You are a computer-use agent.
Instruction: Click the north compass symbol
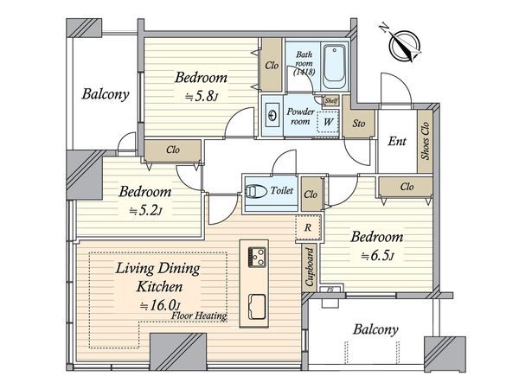coord(405,45)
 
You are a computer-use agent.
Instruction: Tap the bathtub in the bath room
coord(335,67)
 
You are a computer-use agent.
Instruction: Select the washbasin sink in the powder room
coord(272,116)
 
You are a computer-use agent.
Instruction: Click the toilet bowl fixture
coord(256,191)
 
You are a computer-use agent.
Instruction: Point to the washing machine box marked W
coord(328,122)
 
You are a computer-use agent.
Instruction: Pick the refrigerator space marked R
coord(308,227)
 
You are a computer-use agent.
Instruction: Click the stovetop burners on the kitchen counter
coord(257,257)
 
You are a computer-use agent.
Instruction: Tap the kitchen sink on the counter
coord(257,306)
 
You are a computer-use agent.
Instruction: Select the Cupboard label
coord(309,267)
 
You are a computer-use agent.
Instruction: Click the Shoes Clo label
coord(425,141)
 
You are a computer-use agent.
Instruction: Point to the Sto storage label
coord(359,124)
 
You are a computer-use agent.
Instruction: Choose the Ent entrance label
coord(397,141)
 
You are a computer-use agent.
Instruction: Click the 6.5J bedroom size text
coord(377,256)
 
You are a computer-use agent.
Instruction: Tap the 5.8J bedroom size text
coord(202,96)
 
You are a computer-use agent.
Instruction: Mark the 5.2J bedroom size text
coord(145,211)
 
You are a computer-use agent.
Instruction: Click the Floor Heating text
coord(199,316)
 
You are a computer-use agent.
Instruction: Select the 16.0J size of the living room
coord(160,305)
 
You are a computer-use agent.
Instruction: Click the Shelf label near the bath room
coord(331,100)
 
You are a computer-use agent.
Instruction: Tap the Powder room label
coord(300,117)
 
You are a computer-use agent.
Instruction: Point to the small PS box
coord(330,290)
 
